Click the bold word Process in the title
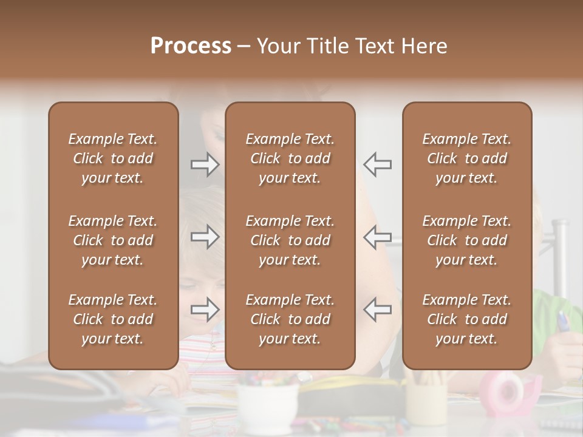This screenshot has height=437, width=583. [191, 46]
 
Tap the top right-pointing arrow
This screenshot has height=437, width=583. [205, 164]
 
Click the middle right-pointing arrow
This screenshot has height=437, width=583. [205, 237]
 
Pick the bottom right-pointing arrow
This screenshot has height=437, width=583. [205, 310]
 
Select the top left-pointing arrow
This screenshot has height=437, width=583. [378, 164]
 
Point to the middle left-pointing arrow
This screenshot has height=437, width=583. [378, 237]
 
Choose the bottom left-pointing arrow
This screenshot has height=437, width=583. [378, 310]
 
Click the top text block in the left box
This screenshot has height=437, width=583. [113, 158]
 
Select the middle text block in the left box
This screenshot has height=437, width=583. [113, 240]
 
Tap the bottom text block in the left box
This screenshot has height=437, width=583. [113, 319]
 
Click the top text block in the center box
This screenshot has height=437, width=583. [290, 158]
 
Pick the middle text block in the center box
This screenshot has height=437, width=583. [290, 240]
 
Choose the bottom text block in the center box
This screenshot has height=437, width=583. [290, 319]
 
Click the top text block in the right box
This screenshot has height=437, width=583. [467, 158]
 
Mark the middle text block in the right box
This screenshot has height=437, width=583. [467, 240]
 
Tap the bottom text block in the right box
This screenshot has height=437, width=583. [467, 319]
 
